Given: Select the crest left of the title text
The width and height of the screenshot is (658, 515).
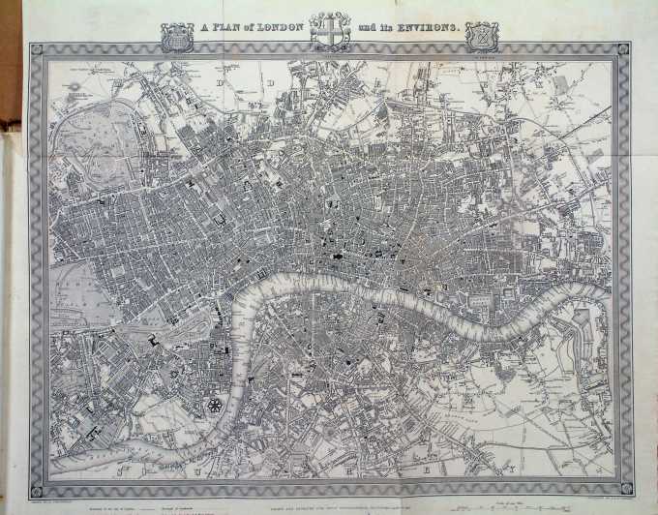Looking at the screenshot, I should point(177,37).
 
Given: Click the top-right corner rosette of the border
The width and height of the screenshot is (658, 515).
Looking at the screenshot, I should point(622,49).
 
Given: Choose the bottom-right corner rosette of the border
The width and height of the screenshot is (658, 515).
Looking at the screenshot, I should point(623,487).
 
